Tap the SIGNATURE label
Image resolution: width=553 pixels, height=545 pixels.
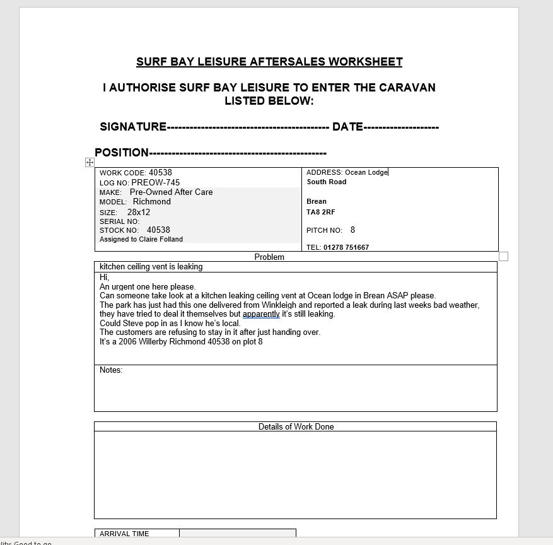[133, 127]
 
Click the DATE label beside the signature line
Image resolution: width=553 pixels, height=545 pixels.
[347, 127]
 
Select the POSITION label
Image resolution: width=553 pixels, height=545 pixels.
[122, 153]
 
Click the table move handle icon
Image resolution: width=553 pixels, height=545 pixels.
[90, 163]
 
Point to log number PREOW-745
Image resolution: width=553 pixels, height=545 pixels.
[155, 182]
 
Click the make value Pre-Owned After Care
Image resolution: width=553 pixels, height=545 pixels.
[171, 192]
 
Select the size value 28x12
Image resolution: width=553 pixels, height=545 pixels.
[139, 213]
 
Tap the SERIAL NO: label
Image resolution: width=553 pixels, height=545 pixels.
[119, 221]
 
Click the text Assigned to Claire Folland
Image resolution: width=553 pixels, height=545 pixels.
[141, 239]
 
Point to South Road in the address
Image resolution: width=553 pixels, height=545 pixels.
[327, 182]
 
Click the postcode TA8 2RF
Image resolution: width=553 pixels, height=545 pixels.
[321, 212]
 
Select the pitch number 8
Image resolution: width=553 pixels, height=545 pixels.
[353, 230]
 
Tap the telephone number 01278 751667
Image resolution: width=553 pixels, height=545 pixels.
[346, 247]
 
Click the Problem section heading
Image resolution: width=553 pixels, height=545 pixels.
[269, 257]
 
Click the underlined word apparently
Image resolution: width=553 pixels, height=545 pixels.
[261, 314]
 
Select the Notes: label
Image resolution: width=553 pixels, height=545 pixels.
[111, 370]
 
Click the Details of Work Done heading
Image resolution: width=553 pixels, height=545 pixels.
[296, 426]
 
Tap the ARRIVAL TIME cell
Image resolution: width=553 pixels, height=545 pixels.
[124, 534]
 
